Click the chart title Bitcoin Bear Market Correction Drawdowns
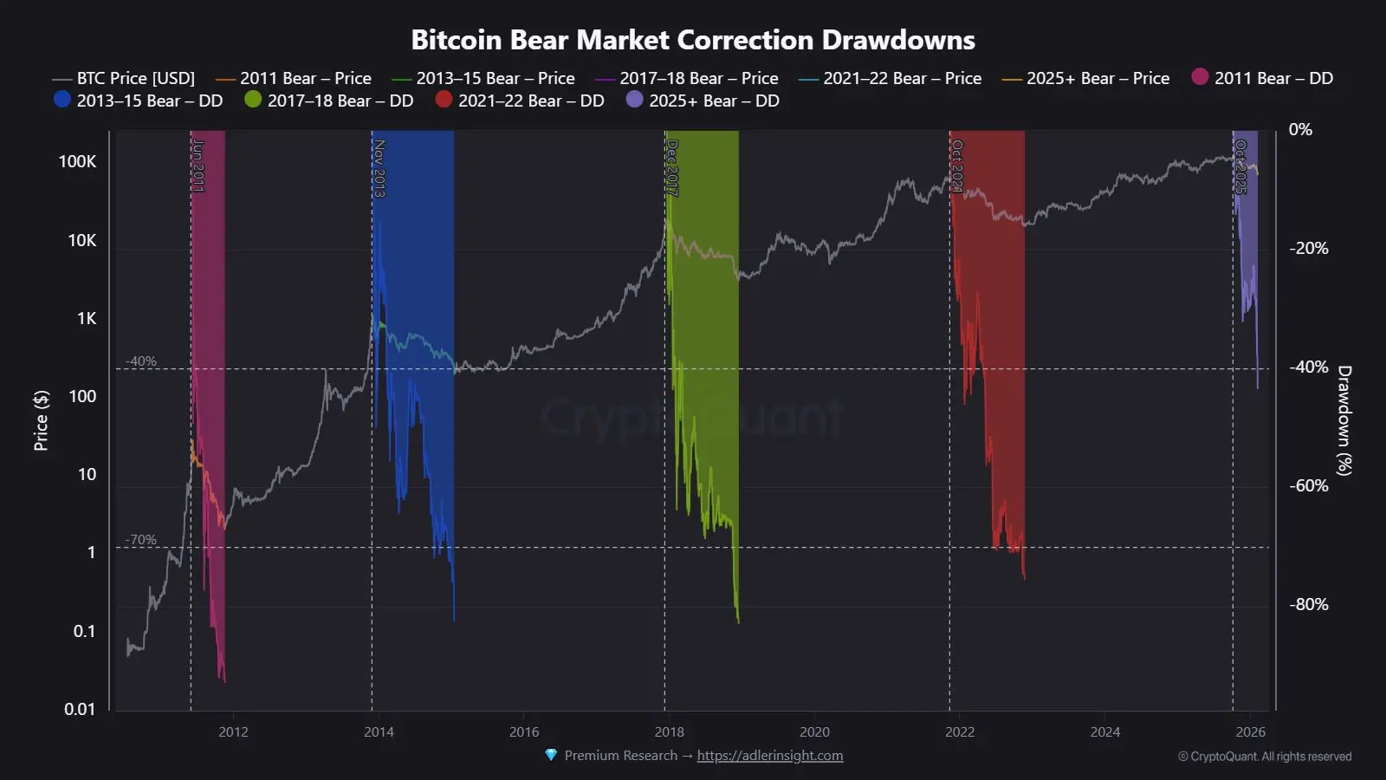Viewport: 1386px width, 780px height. click(x=692, y=40)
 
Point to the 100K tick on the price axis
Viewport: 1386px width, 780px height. click(x=77, y=161)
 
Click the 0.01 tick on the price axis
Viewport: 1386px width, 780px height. click(x=80, y=709)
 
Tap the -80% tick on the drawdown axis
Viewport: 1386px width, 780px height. click(x=1308, y=604)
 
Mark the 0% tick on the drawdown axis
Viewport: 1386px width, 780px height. click(x=1300, y=129)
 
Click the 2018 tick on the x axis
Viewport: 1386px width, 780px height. click(x=669, y=732)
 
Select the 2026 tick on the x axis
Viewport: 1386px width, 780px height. click(x=1251, y=732)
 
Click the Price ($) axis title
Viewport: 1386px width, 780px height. click(x=41, y=420)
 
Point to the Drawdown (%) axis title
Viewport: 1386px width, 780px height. click(x=1344, y=420)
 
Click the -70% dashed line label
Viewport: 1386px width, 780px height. click(x=141, y=539)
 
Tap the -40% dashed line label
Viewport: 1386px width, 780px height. click(x=141, y=361)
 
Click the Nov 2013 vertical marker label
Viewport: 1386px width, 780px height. click(x=379, y=168)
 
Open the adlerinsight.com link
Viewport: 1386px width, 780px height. click(x=769, y=756)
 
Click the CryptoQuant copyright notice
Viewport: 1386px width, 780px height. click(x=1265, y=757)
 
